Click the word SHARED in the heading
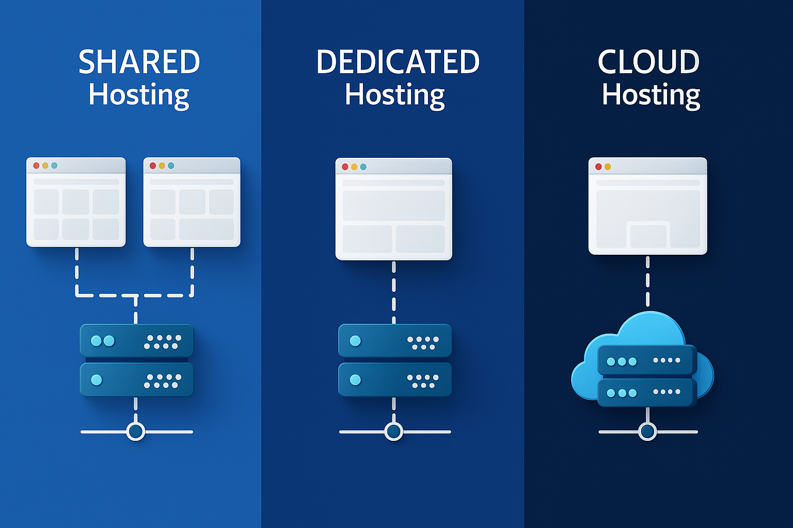pyautogui.click(x=139, y=62)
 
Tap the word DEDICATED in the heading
pyautogui.click(x=398, y=62)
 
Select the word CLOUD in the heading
pyautogui.click(x=648, y=62)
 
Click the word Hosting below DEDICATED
pyautogui.click(x=395, y=95)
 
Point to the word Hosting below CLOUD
pyautogui.click(x=651, y=95)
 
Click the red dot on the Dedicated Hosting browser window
pyautogui.click(x=345, y=167)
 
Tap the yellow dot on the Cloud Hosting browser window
pyautogui.click(x=608, y=167)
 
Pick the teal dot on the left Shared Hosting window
pyautogui.click(x=54, y=166)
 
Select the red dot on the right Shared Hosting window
pyautogui.click(x=153, y=166)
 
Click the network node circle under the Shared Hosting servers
pyautogui.click(x=136, y=432)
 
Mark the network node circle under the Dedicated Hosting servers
pyautogui.click(x=394, y=432)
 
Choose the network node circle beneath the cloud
pyautogui.click(x=647, y=431)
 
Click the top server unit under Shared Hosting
pyautogui.click(x=136, y=341)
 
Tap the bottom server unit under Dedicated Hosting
pyautogui.click(x=395, y=380)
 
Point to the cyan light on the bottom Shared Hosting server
pyautogui.click(x=97, y=380)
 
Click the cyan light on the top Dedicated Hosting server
pyautogui.click(x=355, y=341)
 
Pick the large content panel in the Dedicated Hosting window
pyautogui.click(x=393, y=206)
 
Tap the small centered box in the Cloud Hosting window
pyautogui.click(x=648, y=236)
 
